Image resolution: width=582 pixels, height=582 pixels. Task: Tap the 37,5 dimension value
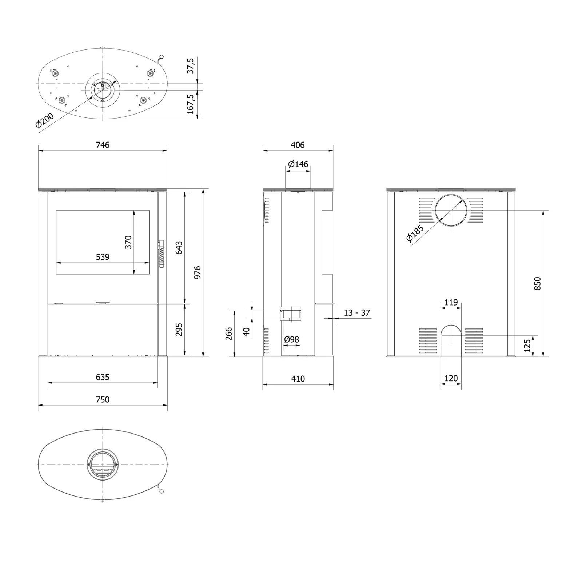[x=191, y=66]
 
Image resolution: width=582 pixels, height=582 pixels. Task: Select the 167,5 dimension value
[x=191, y=104]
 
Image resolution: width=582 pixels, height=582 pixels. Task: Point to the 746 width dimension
[x=103, y=145]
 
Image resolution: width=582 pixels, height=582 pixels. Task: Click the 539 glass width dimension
[x=103, y=257]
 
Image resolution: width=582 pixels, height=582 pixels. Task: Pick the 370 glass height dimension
[x=128, y=242]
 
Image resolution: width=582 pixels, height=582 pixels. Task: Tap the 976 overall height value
[x=198, y=272]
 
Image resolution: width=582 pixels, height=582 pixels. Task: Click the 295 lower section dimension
[x=179, y=330]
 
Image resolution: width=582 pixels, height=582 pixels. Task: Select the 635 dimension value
[x=103, y=377]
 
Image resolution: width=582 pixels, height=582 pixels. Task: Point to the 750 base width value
[x=103, y=399]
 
